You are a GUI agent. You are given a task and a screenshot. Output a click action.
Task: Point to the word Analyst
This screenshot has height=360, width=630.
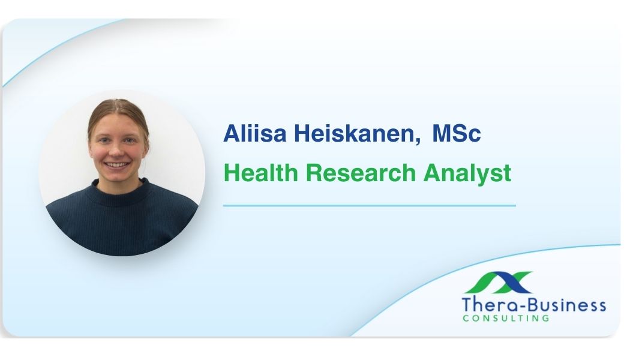(x=467, y=173)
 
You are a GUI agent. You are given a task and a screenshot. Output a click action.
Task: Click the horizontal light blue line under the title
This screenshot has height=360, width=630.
(x=369, y=205)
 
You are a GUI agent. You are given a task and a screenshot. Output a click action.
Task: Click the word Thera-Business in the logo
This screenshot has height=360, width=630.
(x=533, y=305)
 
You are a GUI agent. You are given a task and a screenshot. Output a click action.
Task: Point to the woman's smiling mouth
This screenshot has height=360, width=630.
(x=117, y=164)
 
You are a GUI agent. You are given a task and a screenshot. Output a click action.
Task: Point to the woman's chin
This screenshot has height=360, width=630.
(x=118, y=175)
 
